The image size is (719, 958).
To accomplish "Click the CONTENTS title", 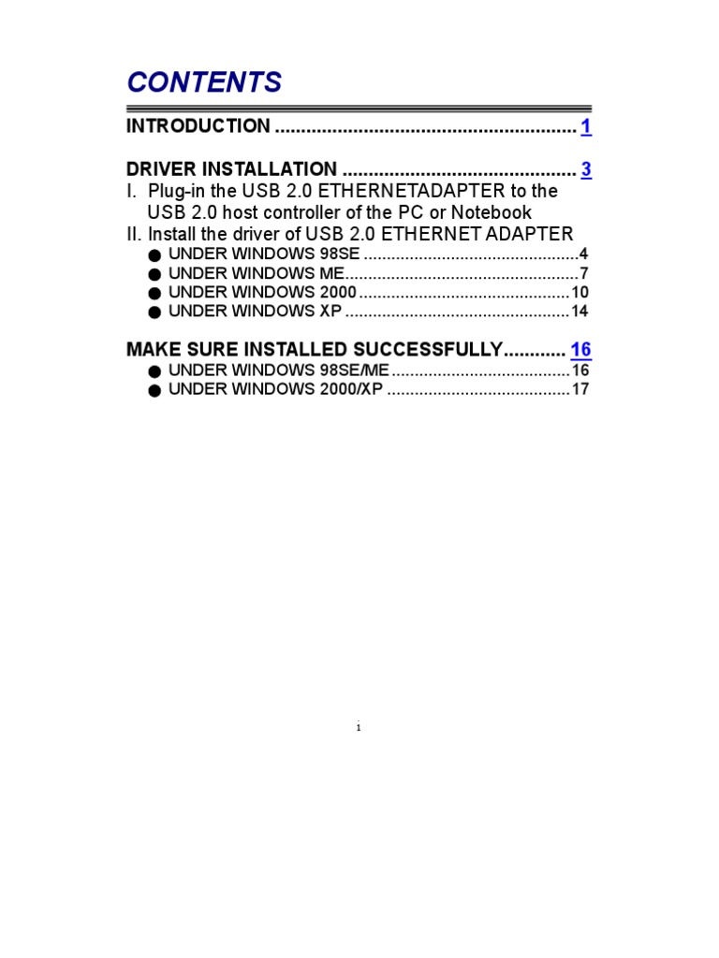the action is click(x=204, y=82).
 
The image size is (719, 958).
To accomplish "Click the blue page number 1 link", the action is click(x=586, y=126).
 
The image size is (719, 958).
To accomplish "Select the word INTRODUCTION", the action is click(x=198, y=126).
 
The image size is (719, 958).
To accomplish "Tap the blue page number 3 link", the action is click(x=586, y=169).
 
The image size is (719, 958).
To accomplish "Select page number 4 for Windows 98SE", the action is click(x=583, y=254).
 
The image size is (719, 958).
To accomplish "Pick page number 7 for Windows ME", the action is click(x=583, y=274).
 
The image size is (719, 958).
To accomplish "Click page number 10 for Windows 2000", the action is click(x=580, y=293).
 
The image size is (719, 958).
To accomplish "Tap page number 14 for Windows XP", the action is click(x=580, y=312).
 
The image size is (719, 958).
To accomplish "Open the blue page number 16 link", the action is click(x=580, y=350).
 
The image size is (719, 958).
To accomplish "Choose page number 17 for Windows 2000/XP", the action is click(x=580, y=389).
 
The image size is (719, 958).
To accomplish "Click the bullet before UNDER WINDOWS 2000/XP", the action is click(x=154, y=390).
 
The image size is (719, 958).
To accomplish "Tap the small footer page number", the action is click(x=359, y=728).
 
